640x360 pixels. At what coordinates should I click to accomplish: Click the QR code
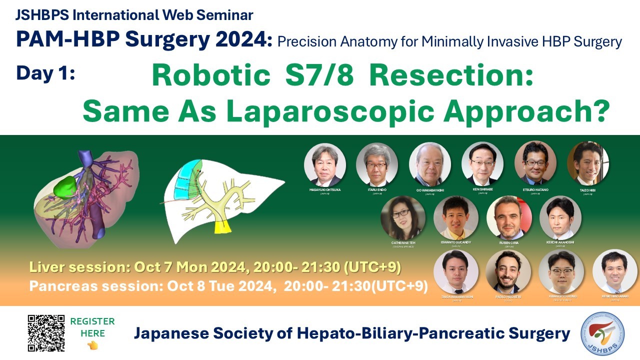click(46, 332)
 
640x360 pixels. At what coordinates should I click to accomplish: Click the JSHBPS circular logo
click(603, 333)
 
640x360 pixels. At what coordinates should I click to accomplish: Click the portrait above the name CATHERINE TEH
click(403, 218)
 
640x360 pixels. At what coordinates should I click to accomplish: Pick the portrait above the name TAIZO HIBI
click(587, 163)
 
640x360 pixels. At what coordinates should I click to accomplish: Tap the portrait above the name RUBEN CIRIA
click(509, 218)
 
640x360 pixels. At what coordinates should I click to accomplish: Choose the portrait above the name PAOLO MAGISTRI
click(508, 271)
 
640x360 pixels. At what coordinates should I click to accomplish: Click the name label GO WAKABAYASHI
click(429, 190)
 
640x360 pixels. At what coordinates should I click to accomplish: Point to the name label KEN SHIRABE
click(482, 190)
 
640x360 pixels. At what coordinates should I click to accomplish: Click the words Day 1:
click(45, 73)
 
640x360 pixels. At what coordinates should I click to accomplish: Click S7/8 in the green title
click(319, 76)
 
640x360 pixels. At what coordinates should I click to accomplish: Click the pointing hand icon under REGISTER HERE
click(92, 345)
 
